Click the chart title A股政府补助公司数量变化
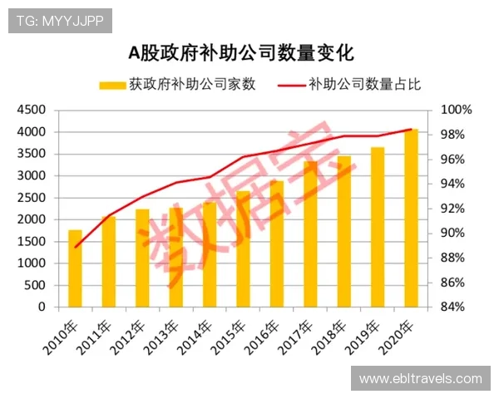pyautogui.click(x=240, y=53)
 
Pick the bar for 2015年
pyautogui.click(x=243, y=249)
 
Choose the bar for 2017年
pyautogui.click(x=310, y=234)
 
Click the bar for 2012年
pyautogui.click(x=142, y=258)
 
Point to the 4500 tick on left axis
pyautogui.click(x=32, y=110)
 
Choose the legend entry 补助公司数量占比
pyautogui.click(x=350, y=84)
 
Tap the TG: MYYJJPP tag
pyautogui.click(x=60, y=21)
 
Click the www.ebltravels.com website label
pyautogui.click(x=420, y=379)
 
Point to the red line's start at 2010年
pyautogui.click(x=75, y=247)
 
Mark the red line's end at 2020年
pyautogui.click(x=411, y=129)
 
